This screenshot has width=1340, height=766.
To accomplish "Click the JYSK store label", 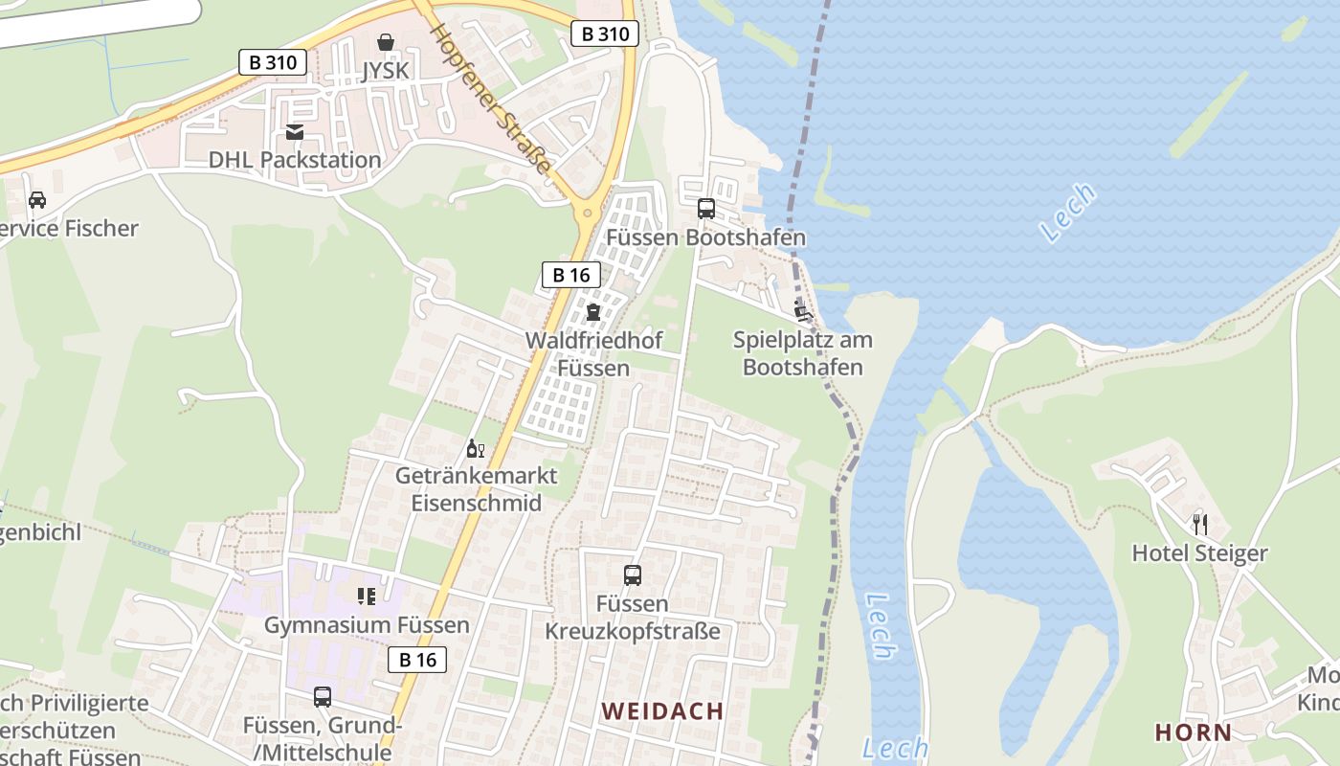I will (x=386, y=71).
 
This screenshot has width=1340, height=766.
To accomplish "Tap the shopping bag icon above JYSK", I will (x=386, y=42).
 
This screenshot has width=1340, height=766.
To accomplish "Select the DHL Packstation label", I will (x=295, y=160).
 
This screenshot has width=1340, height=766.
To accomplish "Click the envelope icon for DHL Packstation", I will (x=295, y=132).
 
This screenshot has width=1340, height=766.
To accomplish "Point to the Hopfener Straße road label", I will (x=490, y=100).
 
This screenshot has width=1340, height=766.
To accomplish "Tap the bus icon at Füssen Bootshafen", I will (x=706, y=208).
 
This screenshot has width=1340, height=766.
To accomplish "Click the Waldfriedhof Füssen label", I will (x=593, y=354).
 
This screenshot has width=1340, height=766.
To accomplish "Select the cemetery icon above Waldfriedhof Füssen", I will (x=593, y=312).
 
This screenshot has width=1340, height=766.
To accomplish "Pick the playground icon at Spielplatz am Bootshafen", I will (x=802, y=310).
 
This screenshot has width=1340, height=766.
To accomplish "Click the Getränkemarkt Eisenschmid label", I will (x=476, y=489).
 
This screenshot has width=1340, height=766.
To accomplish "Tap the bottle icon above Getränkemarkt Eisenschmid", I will (x=476, y=448).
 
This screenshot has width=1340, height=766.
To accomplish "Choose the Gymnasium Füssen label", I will (x=367, y=625).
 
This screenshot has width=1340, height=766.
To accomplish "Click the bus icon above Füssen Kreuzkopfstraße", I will (x=633, y=575).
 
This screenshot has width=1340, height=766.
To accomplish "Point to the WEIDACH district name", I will (x=662, y=711).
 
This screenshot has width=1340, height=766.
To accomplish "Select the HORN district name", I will (x=1194, y=733).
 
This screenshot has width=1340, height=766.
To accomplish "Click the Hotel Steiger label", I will (x=1199, y=553).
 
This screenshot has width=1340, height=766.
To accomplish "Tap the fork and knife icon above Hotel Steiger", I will (x=1200, y=525).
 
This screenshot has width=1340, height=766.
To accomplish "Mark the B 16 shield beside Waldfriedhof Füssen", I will (x=571, y=275).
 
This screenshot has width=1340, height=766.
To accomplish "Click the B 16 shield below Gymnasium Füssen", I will (x=417, y=659).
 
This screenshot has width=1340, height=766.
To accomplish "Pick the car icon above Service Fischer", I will (x=37, y=200).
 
